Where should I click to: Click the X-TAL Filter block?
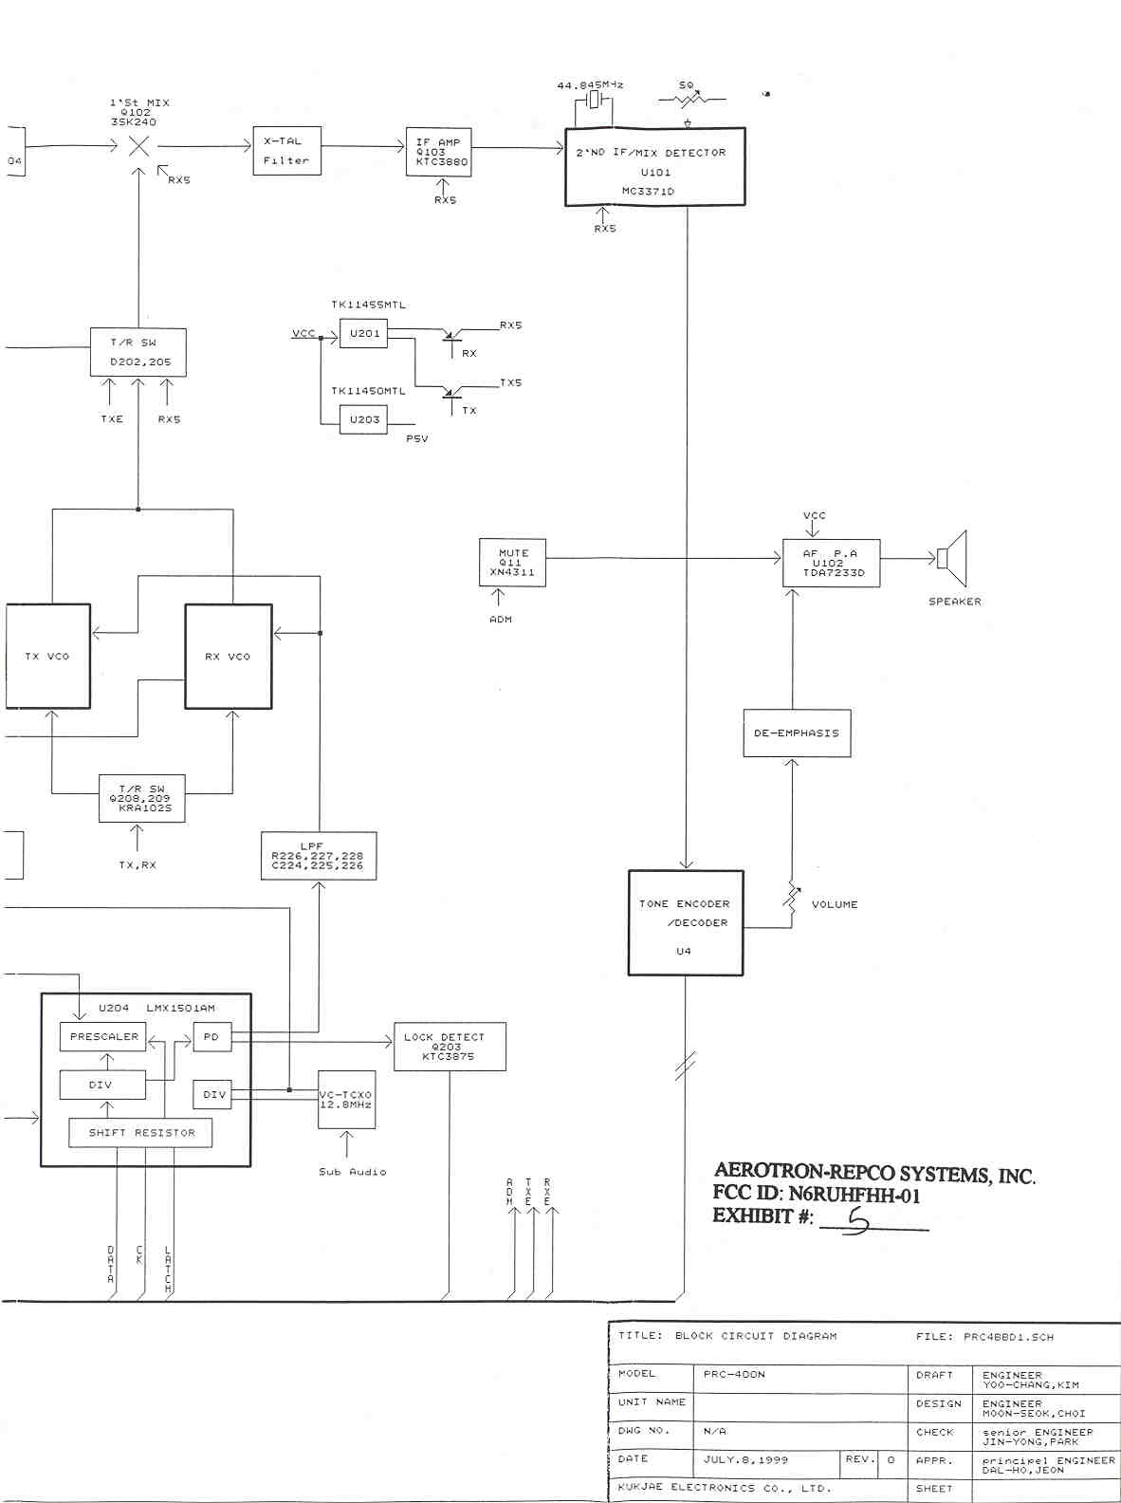[x=286, y=151]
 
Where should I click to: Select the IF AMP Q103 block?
[x=438, y=152]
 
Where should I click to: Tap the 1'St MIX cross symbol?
[x=138, y=146]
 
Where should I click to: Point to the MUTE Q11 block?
[x=513, y=563]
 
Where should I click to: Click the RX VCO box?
[x=228, y=657]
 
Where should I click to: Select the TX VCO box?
[x=47, y=657]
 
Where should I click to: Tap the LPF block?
[x=319, y=856]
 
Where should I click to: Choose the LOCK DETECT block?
[x=450, y=1047]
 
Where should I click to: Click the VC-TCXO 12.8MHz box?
[x=346, y=1100]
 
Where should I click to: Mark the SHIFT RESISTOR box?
[x=140, y=1133]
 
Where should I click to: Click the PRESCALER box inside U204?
[x=103, y=1037]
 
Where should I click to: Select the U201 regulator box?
[x=364, y=334]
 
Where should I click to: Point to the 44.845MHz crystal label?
[x=590, y=85]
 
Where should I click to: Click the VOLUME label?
[x=835, y=905]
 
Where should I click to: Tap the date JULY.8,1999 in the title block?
[x=745, y=1460]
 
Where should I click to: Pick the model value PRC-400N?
[x=734, y=1374]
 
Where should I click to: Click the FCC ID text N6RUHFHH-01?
[x=854, y=1196]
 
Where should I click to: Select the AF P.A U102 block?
[x=831, y=564]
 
